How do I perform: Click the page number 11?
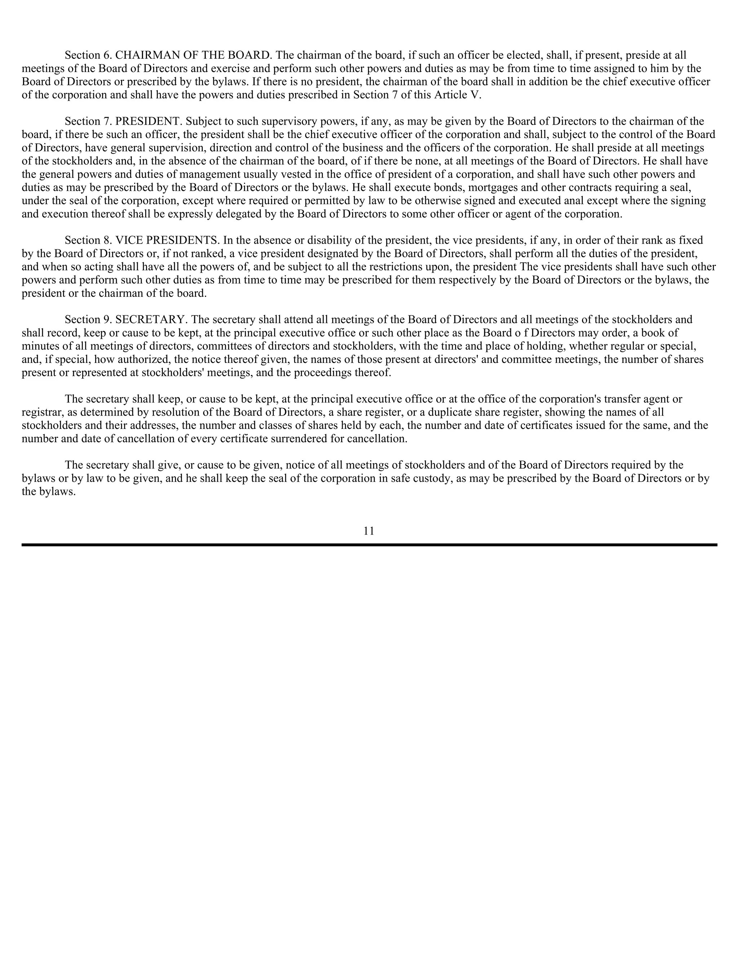369,531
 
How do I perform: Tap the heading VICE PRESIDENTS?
168,240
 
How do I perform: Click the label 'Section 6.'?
88,55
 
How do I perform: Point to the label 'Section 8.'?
88,240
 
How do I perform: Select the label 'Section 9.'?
88,320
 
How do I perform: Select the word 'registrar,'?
43,412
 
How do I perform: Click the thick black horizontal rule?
369,545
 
